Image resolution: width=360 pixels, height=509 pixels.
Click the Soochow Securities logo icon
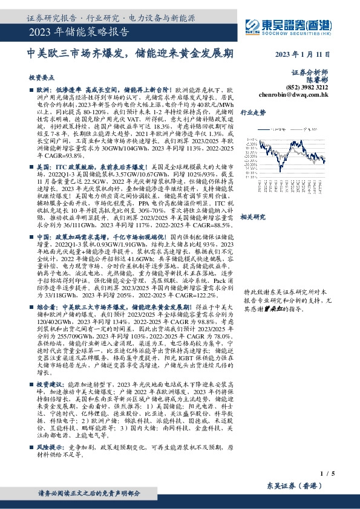point(252,25)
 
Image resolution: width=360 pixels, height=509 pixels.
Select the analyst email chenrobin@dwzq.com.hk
point(293,94)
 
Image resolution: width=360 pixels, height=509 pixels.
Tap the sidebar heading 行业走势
point(253,112)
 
